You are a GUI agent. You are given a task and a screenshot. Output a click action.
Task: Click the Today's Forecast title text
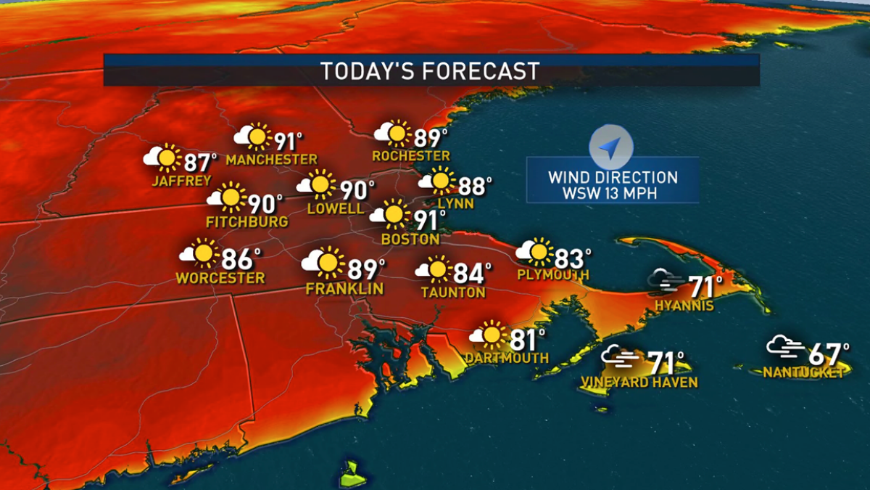(430, 71)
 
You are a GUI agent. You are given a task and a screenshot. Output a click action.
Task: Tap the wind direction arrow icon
(611, 148)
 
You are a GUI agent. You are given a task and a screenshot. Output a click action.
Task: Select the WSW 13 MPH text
(613, 192)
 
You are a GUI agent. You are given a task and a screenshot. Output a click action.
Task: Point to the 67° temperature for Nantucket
(829, 355)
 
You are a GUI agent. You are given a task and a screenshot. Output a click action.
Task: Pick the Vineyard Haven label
(639, 382)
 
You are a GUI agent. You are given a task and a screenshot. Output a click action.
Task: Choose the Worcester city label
(220, 277)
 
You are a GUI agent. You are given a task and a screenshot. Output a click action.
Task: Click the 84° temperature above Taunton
(472, 273)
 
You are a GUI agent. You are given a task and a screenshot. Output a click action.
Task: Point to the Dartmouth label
(507, 358)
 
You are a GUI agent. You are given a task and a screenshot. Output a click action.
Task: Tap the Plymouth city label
(553, 275)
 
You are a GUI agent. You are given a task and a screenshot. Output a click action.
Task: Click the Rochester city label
(411, 155)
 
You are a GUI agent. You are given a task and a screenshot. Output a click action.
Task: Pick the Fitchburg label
(246, 221)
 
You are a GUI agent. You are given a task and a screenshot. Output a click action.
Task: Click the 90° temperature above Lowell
(357, 190)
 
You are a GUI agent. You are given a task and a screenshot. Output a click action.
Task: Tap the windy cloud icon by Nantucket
(785, 348)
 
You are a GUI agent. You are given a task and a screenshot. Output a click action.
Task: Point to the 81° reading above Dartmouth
(526, 339)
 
